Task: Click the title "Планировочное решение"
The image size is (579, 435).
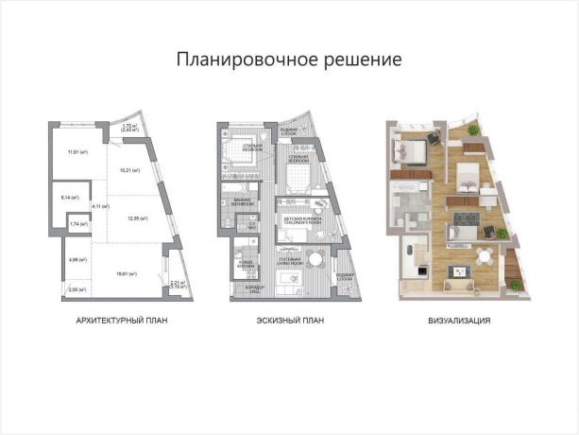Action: [x=289, y=60]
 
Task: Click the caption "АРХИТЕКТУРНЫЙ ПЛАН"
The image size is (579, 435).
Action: [x=128, y=322]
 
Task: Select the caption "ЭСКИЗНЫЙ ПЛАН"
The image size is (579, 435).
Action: [x=290, y=322]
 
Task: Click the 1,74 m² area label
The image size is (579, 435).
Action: [x=74, y=225]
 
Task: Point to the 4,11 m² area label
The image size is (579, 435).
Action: [x=96, y=206]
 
